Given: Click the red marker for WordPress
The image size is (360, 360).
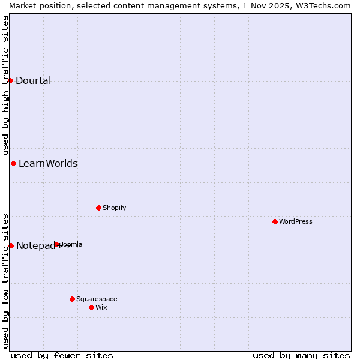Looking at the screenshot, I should point(275,221).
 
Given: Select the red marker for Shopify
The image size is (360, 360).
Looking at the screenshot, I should point(98,208).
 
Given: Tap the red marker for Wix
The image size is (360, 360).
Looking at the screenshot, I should point(91,307).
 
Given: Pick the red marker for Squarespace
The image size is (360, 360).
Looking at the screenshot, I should point(72,299).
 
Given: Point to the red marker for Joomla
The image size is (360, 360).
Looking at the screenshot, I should point(57,244).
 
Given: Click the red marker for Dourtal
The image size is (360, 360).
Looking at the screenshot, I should point(10,80).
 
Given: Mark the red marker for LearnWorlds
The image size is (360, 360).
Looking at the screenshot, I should point(13,163).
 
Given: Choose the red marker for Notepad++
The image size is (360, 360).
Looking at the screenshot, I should point(11,245).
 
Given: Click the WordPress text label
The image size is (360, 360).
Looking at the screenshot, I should point(296,221).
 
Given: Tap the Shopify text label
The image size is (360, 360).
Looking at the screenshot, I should point(115,208).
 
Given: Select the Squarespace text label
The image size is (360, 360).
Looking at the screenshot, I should point(97,299).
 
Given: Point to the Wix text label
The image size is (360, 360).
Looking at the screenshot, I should point(101,307).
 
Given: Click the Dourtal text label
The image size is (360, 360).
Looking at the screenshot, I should point(34,81).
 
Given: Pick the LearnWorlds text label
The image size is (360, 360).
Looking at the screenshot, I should point(48,164).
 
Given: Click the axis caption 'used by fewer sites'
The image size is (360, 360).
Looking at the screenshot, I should point(62,355).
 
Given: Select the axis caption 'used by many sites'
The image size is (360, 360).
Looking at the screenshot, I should point(301,355).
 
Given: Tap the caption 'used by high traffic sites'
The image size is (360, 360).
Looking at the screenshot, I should point(5,85).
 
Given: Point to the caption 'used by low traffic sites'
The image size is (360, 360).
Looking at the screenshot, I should point(5,280).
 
